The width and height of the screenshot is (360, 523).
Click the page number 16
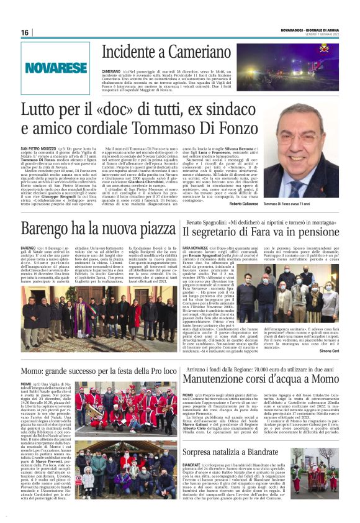pos(24,32)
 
